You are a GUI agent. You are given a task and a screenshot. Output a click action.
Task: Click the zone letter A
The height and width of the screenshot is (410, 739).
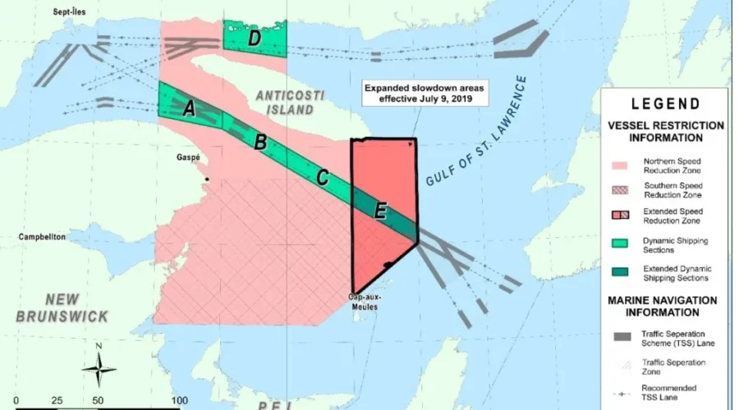tap(188, 109)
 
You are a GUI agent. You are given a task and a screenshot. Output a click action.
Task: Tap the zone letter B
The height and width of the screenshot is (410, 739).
tap(260, 142)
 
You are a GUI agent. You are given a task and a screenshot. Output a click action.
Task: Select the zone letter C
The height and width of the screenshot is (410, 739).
tap(322, 176)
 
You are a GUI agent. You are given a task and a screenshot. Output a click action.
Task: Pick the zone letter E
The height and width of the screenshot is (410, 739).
tap(379, 211)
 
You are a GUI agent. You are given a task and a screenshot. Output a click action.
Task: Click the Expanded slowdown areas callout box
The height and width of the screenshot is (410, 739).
tap(422, 93)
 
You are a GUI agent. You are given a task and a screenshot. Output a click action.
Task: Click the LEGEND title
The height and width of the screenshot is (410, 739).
tap(666, 104)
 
